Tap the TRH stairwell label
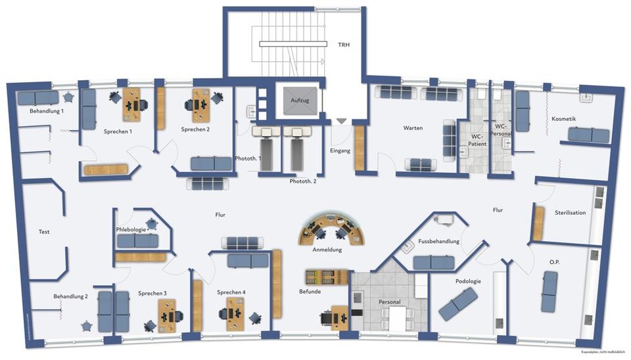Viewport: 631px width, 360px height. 344,45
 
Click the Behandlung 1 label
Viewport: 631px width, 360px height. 47,111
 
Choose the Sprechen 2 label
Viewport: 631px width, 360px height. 195,129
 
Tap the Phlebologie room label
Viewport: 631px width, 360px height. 131,229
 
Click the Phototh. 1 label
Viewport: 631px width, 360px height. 248,158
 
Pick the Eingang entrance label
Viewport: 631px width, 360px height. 340,150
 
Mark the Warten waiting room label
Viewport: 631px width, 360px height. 413,127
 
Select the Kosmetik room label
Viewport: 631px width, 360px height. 564,118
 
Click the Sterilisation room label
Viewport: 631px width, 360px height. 570,212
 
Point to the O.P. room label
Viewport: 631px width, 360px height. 554,261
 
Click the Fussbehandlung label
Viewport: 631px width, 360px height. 438,241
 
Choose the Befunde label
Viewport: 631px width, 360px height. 310,291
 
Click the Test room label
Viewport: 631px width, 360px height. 44,232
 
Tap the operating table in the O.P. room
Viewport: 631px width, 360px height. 549,292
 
